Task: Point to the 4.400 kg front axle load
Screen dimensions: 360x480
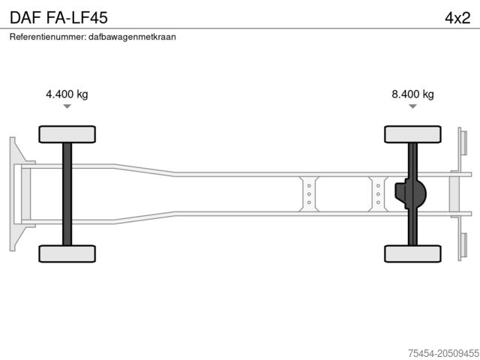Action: [67, 94]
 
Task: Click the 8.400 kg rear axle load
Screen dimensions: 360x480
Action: [412, 94]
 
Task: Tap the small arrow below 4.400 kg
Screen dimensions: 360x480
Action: [67, 106]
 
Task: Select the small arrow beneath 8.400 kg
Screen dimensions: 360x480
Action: [412, 106]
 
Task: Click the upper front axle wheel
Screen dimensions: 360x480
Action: [67, 134]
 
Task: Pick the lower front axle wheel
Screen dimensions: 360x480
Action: [67, 253]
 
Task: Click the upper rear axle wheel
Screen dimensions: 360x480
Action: [412, 134]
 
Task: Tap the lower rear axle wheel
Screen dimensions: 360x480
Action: [412, 253]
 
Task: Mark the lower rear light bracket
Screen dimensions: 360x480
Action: [463, 246]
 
